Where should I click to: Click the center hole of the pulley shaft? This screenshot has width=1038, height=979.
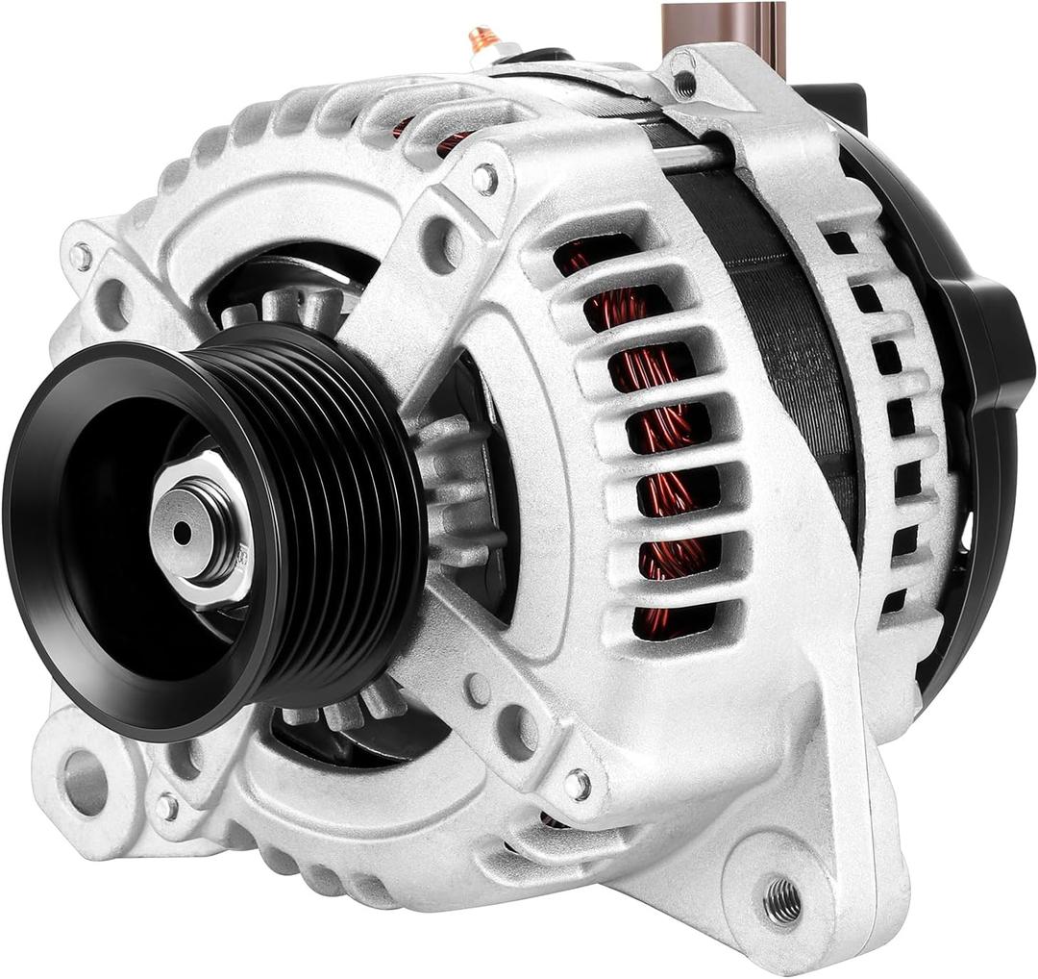pyautogui.click(x=182, y=533)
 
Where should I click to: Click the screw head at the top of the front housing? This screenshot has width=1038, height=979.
pyautogui.click(x=485, y=178)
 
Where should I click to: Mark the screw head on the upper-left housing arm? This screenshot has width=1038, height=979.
pyautogui.click(x=82, y=256)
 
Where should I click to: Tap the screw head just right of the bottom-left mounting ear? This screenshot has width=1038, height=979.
pyautogui.click(x=167, y=806)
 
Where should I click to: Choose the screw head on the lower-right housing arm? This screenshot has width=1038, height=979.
pyautogui.click(x=577, y=784)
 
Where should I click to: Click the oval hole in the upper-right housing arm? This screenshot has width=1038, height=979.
pyautogui.click(x=441, y=244)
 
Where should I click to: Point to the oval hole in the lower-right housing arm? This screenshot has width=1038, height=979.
pyautogui.click(x=517, y=731)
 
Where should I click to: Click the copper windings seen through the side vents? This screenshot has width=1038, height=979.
pyautogui.click(x=663, y=433)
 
